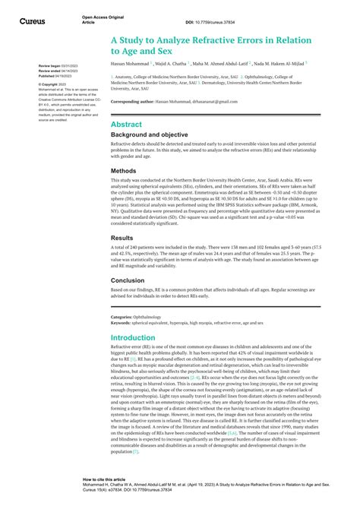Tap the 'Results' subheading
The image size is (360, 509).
tap(124, 237)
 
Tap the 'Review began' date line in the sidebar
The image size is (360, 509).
tap(57, 66)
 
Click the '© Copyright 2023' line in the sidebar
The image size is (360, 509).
tap(54, 84)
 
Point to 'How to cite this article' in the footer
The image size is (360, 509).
tap(105, 479)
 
